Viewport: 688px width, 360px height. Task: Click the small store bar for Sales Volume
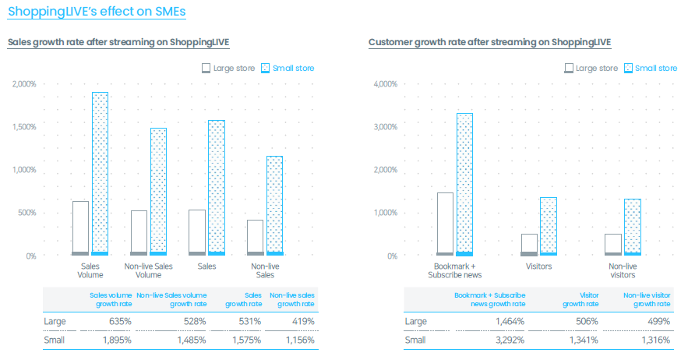(100, 174)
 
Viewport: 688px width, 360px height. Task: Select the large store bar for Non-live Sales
(256, 238)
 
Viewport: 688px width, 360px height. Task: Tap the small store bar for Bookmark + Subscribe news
(464, 185)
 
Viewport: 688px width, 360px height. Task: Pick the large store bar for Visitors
(529, 245)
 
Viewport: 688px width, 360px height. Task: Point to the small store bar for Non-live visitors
(633, 227)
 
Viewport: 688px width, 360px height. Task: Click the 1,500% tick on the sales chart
(24, 127)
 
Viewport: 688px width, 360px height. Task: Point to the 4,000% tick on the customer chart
(385, 84)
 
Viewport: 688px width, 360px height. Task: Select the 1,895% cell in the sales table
(117, 340)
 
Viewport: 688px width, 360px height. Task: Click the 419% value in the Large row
(303, 321)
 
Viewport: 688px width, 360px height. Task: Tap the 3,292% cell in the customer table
(510, 340)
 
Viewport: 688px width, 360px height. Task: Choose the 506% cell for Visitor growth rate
(587, 321)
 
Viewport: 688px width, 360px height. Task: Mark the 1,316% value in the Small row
(656, 340)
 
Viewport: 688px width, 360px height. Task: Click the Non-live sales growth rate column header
(292, 299)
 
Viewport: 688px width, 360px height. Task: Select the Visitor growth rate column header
(580, 299)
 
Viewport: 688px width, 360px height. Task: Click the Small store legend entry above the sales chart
(288, 68)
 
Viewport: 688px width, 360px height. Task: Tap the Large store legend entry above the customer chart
(591, 68)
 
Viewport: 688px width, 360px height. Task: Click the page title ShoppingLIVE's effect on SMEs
(97, 12)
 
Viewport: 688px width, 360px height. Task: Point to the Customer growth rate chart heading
(489, 42)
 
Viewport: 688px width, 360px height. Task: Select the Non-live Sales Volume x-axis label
(148, 270)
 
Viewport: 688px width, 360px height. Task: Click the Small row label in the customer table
(415, 340)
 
